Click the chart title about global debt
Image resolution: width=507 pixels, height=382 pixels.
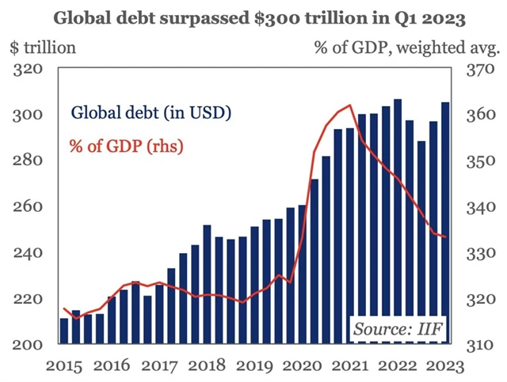click(x=253, y=15)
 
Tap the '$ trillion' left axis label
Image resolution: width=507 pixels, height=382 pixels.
click(x=44, y=47)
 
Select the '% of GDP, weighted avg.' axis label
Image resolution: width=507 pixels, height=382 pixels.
click(x=406, y=47)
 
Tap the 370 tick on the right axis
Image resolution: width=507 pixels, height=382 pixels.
click(x=475, y=70)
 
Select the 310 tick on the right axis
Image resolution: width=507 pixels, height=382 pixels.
click(x=475, y=345)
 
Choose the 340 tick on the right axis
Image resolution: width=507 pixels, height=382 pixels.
click(x=475, y=207)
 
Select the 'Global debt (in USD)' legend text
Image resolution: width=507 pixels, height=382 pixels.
click(x=151, y=112)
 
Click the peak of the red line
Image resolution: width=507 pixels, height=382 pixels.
click(x=349, y=105)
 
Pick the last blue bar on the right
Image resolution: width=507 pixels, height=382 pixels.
click(x=445, y=223)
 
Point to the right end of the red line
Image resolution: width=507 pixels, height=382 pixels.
click(x=447, y=236)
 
